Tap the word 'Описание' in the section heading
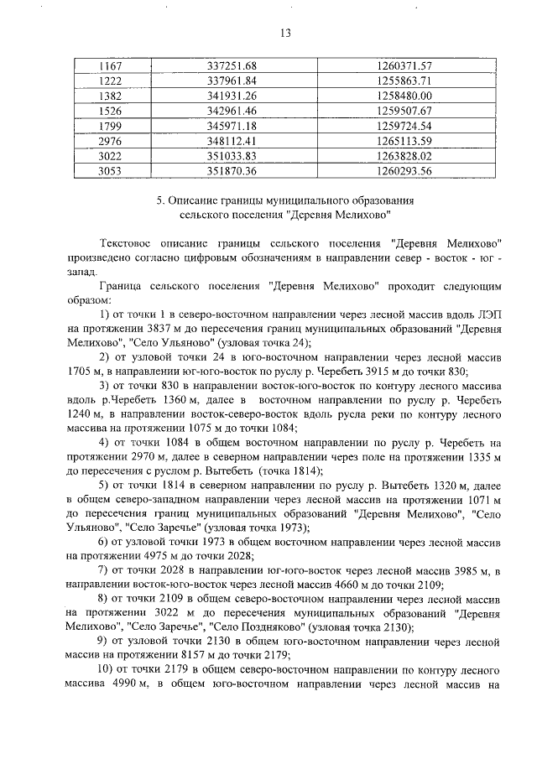(x=194, y=201)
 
